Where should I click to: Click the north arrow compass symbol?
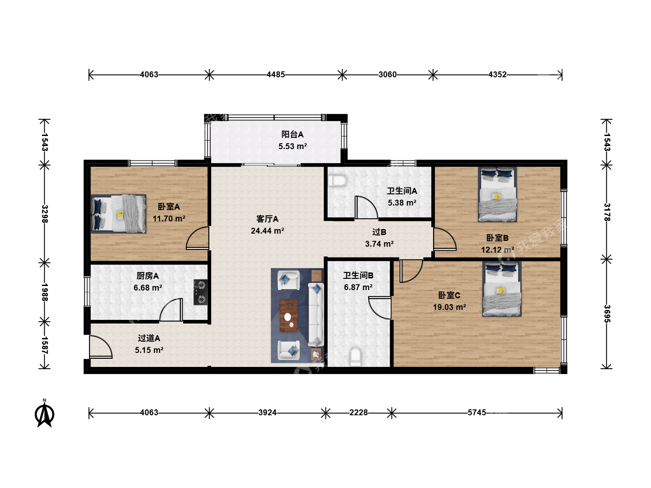[x=44, y=413]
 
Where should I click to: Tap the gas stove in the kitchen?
[x=200, y=292]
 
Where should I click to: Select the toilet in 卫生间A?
[x=337, y=180]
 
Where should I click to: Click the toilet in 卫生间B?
[x=355, y=357]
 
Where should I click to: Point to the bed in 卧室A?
[x=118, y=214]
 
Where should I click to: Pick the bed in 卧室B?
[x=497, y=194]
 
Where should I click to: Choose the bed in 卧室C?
[x=501, y=289]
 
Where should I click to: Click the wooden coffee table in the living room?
[x=289, y=316]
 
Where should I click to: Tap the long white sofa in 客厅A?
[x=316, y=314]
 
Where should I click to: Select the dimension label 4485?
[x=275, y=75]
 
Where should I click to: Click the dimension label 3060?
[x=387, y=75]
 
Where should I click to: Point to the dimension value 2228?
[x=358, y=413]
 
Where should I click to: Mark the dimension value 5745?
[x=476, y=413]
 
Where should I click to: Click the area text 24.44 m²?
[x=267, y=230]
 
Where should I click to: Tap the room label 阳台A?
[x=292, y=135]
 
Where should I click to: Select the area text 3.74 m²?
[x=379, y=244]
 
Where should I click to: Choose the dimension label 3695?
[x=607, y=314]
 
